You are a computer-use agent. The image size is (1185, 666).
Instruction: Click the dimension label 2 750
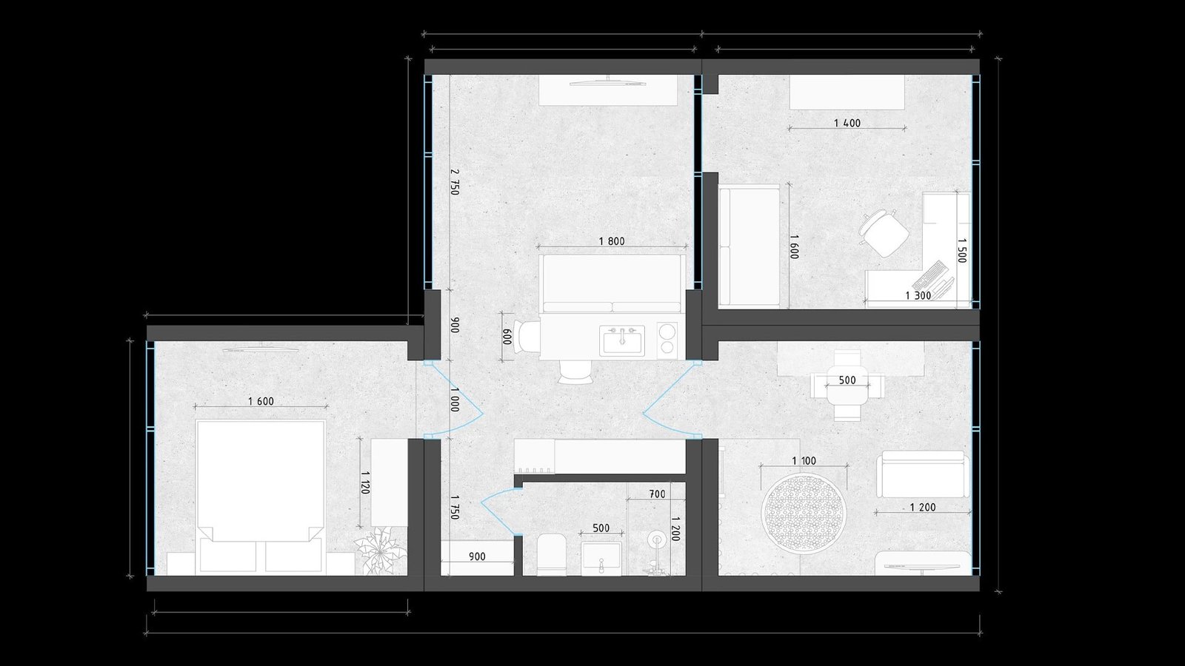[455, 182]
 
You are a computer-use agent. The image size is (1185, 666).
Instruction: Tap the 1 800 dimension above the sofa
[612, 241]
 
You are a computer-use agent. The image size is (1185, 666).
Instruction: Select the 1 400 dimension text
[847, 123]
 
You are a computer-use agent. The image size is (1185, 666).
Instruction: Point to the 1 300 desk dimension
[918, 296]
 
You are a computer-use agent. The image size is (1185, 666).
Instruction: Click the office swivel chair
[884, 233]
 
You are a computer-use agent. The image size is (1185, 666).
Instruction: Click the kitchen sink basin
[622, 341]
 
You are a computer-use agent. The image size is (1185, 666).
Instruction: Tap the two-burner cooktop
[667, 339]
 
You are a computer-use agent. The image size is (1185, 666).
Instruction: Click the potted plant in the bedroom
[380, 550]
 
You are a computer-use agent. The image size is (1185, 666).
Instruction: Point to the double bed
[260, 496]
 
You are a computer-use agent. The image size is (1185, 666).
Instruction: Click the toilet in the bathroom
[551, 554]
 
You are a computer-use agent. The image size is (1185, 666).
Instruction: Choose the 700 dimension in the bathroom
[657, 494]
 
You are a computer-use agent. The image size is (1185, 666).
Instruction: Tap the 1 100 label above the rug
[804, 461]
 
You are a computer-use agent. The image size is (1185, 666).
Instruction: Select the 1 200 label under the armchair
[923, 508]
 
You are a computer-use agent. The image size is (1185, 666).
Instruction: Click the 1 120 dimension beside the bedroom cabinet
[364, 482]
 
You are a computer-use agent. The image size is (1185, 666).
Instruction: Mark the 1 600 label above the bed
[261, 401]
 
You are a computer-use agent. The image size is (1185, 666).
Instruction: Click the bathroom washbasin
[601, 558]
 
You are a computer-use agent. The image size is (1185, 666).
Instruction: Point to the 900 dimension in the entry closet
[477, 556]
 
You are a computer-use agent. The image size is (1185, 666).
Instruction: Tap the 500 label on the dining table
[847, 380]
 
